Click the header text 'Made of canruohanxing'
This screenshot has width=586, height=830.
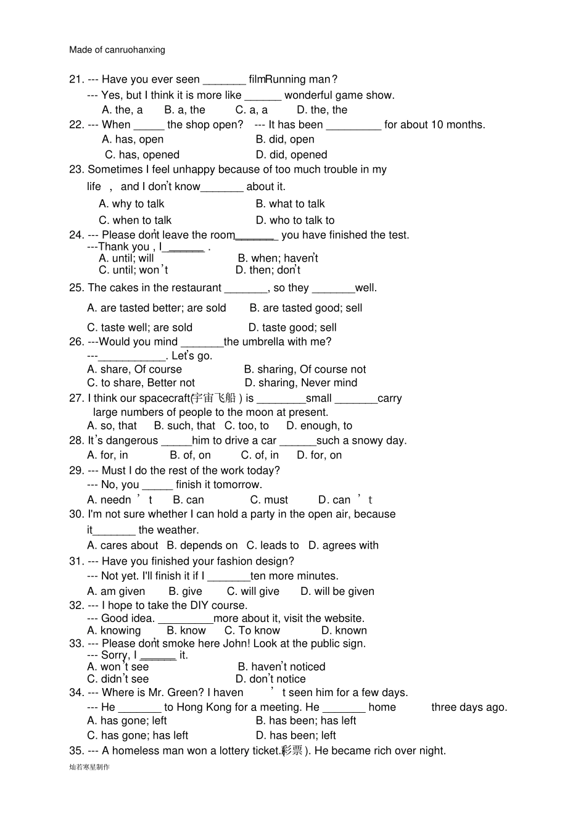click(x=117, y=50)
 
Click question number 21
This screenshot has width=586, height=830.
click(x=76, y=80)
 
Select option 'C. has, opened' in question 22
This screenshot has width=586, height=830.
click(x=142, y=155)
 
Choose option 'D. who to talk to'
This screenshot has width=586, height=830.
click(x=295, y=220)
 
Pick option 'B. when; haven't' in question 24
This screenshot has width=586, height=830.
click(x=278, y=259)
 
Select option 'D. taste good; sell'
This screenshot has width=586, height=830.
click(x=292, y=328)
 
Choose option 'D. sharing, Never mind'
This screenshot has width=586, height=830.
click(x=301, y=383)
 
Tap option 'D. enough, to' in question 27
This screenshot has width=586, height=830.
click(x=319, y=426)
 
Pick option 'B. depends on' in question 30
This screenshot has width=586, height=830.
click(x=202, y=546)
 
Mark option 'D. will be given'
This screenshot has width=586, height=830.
click(x=337, y=591)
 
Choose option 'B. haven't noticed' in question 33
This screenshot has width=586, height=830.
click(x=281, y=667)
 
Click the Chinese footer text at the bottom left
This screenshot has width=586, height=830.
click(x=89, y=767)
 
